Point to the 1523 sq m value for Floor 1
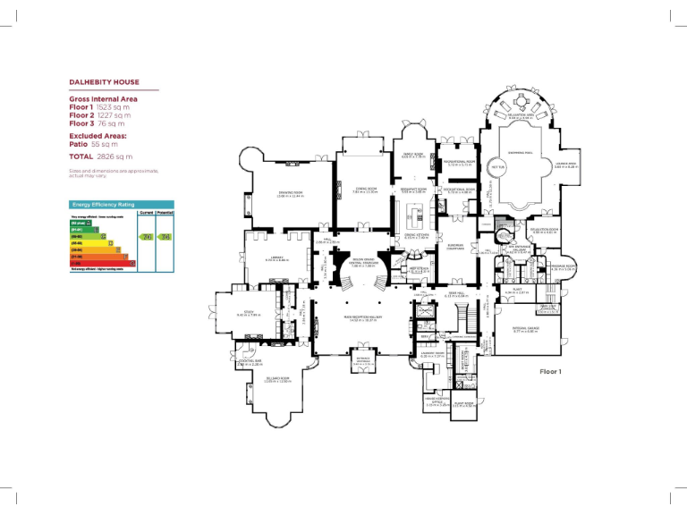[x=114, y=107]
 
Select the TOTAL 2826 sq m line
[x=101, y=156]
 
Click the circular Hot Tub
[x=496, y=167]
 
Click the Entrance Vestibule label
[x=363, y=362]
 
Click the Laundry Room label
[x=433, y=354]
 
